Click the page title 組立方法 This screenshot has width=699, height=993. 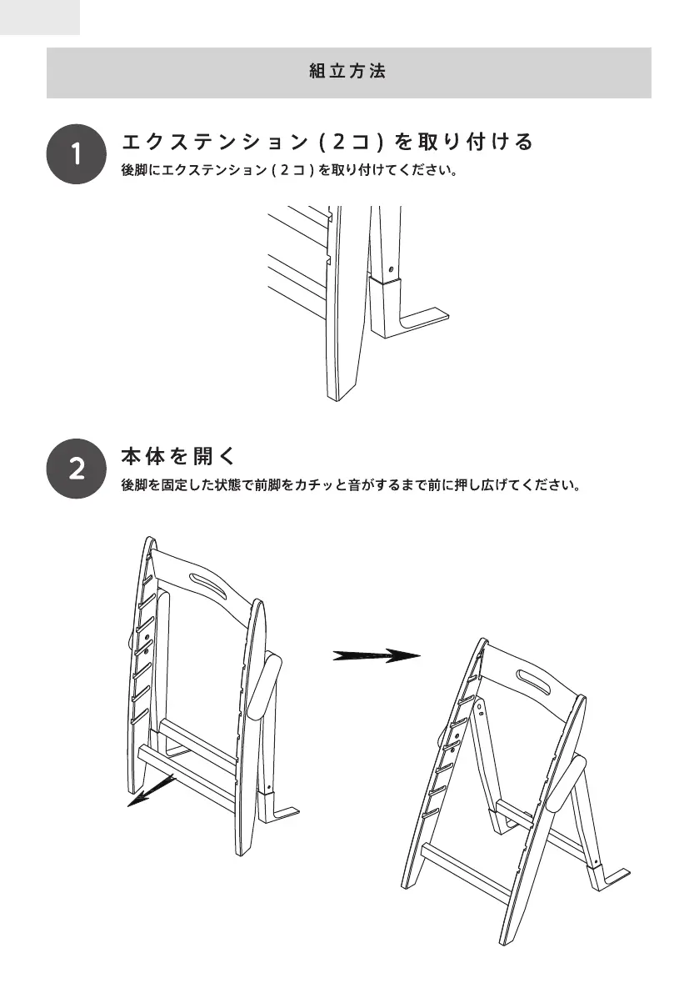click(x=348, y=73)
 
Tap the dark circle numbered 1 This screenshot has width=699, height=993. click(x=76, y=154)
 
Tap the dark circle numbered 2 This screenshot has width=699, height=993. click(x=76, y=469)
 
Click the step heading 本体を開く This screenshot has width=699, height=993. click(x=179, y=457)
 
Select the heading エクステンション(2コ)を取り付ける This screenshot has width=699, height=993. click(x=327, y=142)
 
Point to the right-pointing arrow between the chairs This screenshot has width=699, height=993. click(x=377, y=655)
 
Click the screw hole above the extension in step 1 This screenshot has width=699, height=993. click(x=391, y=269)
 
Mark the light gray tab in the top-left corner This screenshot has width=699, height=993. click(x=40, y=17)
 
